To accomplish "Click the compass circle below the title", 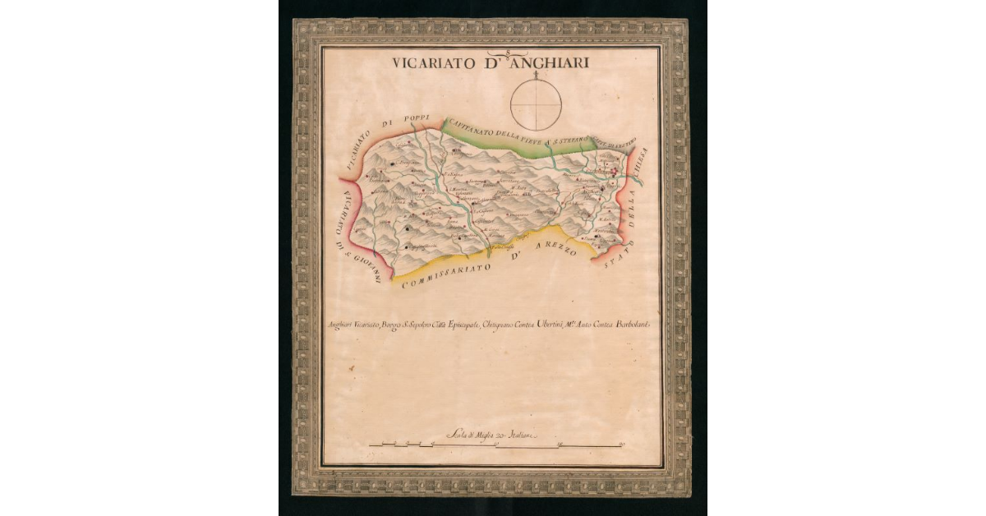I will [536, 104].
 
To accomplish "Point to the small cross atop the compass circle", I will [536, 75].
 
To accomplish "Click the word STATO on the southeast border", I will [616, 250].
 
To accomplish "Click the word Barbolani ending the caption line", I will [627, 326].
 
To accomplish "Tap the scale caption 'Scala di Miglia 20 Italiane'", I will [491, 435].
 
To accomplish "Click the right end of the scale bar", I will [622, 445].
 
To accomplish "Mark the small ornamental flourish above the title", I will [509, 53].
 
